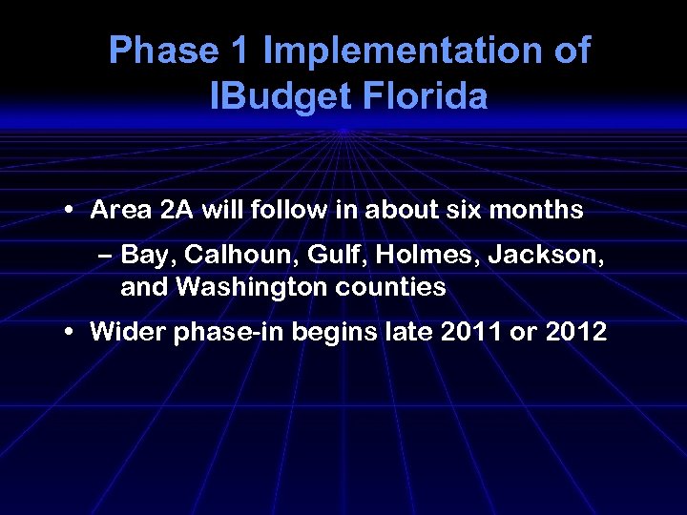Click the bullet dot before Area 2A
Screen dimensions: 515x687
72,212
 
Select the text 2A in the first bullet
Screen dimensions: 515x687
177,210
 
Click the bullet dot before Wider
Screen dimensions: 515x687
72,333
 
